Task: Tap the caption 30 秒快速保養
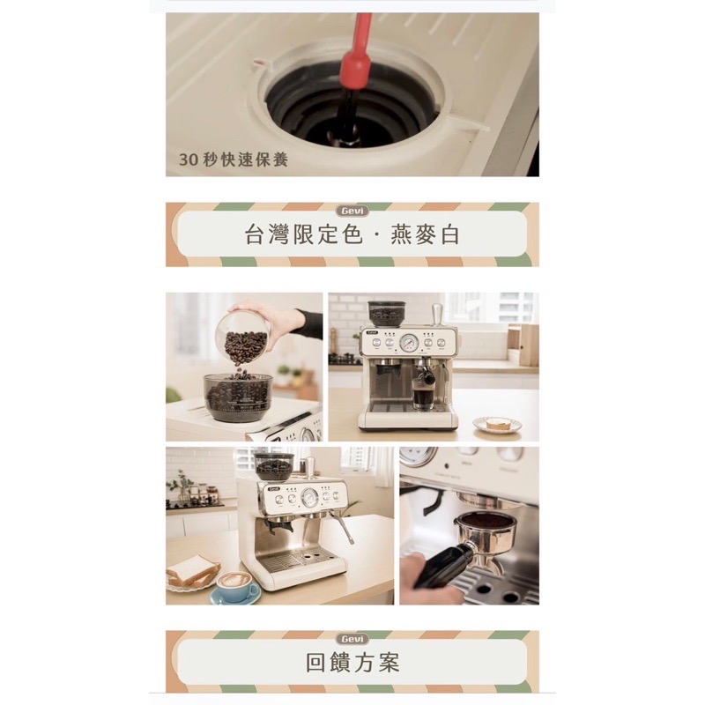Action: pos(234,160)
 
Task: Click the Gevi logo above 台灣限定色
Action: pos(352,211)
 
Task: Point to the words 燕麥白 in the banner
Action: pos(425,234)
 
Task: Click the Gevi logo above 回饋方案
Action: pos(352,638)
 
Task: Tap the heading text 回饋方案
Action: pos(352,663)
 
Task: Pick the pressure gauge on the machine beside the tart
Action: pos(409,343)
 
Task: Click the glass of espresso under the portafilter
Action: pos(422,398)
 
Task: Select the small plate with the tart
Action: pos(497,425)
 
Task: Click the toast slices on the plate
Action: pos(192,571)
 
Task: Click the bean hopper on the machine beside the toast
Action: pos(274,466)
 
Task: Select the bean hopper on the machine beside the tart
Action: pos(387,314)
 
